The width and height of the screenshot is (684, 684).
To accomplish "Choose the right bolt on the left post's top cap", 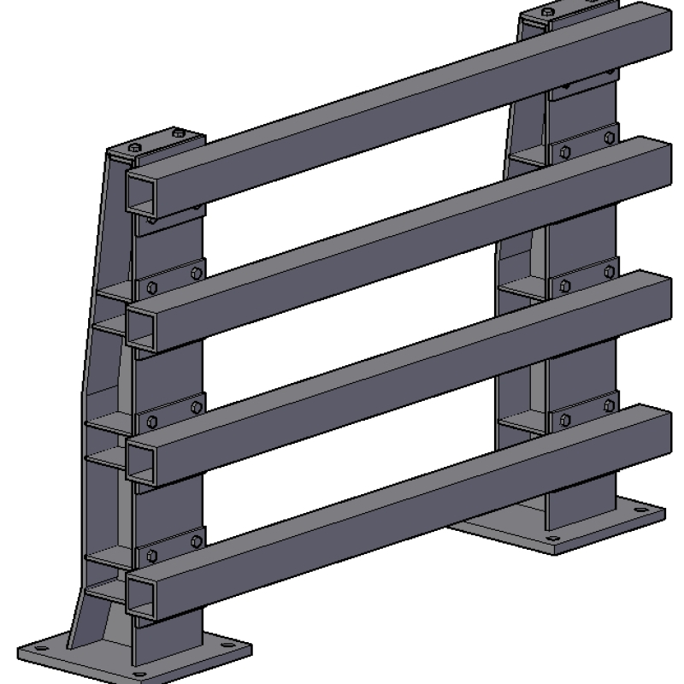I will click(x=178, y=133).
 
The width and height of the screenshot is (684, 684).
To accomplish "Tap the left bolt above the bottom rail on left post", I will click(x=151, y=556).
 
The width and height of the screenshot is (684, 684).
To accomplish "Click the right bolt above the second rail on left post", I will click(x=197, y=274).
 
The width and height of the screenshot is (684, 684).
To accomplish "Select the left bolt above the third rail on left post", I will click(x=151, y=422).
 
